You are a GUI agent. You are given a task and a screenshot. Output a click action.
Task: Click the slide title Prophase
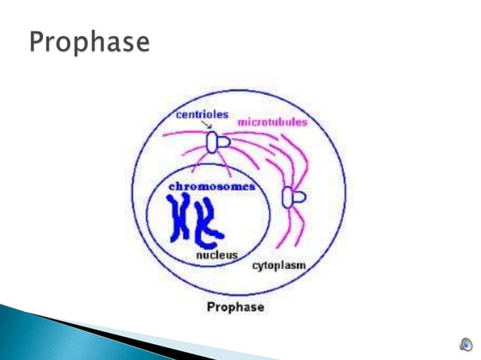(x=89, y=43)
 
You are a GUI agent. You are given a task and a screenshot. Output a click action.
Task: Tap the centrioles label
(x=201, y=114)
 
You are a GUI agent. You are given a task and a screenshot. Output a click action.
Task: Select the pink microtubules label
(x=272, y=123)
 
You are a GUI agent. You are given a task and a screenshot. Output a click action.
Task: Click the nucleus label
(x=217, y=255)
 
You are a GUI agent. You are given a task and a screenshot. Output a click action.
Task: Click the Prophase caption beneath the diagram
(x=236, y=307)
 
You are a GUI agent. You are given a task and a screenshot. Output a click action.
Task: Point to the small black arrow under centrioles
(x=205, y=127)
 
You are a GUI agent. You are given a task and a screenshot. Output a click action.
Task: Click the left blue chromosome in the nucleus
(x=181, y=218)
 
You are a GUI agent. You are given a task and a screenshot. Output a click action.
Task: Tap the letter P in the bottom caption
(x=211, y=307)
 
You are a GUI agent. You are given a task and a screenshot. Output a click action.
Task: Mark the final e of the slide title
(x=141, y=44)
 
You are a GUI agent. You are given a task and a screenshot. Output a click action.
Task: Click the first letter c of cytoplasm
(x=255, y=265)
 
